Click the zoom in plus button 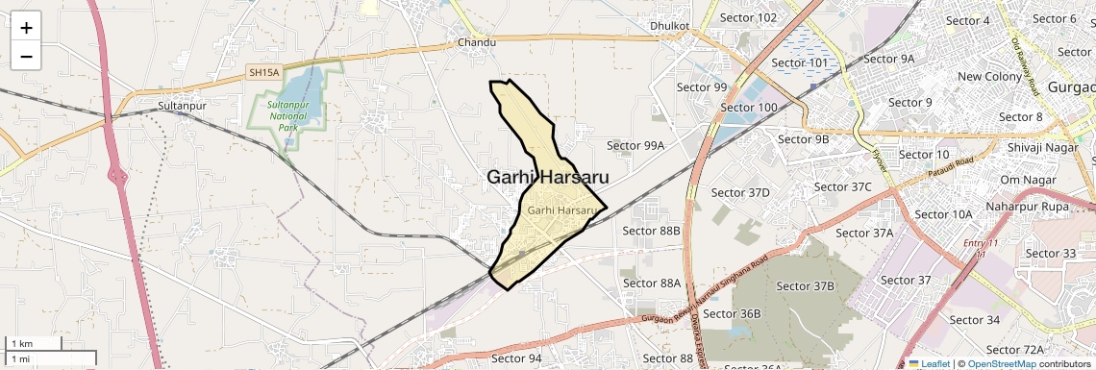pyautogui.click(x=26, y=28)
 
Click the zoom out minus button pyautogui.click(x=26, y=56)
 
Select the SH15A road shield pyautogui.click(x=263, y=72)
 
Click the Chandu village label pyautogui.click(x=477, y=43)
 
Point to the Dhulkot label pyautogui.click(x=670, y=26)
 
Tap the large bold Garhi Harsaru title pyautogui.click(x=547, y=177)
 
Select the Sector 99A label pyautogui.click(x=635, y=145)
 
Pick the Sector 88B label pyautogui.click(x=651, y=231)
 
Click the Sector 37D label pyautogui.click(x=740, y=193)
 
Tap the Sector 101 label pyautogui.click(x=799, y=63)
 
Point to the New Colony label pyautogui.click(x=989, y=77)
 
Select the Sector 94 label pyautogui.click(x=516, y=358)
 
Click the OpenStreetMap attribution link pyautogui.click(x=1001, y=364)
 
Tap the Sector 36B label pyautogui.click(x=732, y=314)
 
